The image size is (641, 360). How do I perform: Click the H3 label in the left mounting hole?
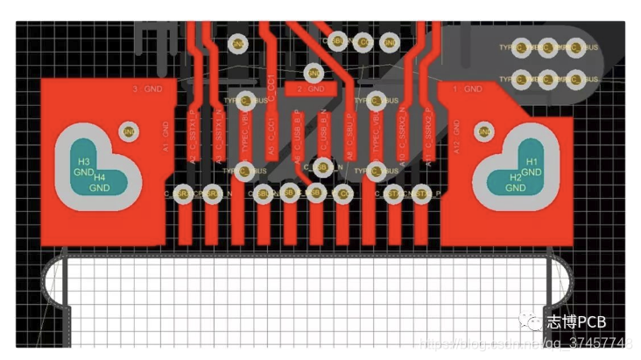[83, 163]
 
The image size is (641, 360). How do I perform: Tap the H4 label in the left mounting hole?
[100, 178]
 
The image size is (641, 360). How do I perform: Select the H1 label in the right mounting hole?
[532, 162]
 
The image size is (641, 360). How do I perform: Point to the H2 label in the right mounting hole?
[516, 178]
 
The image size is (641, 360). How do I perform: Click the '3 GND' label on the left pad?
[147, 89]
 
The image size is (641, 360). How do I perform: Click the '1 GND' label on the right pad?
[467, 89]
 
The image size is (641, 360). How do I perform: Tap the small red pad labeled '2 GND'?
[311, 89]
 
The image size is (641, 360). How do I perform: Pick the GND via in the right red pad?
[483, 132]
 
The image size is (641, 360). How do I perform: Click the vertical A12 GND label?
[457, 139]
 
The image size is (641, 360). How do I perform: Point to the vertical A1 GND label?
[166, 139]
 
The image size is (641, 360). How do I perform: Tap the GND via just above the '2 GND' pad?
[313, 73]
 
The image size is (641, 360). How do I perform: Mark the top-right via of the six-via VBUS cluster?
[574, 47]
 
